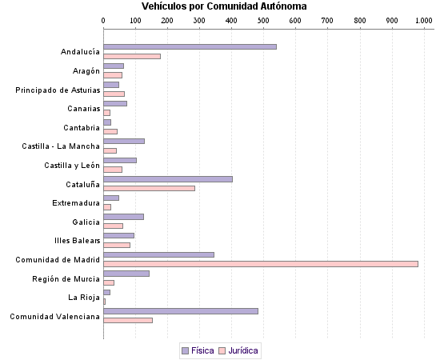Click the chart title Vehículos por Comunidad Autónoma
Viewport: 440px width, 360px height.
224,6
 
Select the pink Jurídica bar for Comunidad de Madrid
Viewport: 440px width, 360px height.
261,264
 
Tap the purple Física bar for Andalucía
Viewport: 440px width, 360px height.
190,46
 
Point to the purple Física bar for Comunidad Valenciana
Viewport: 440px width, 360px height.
181,310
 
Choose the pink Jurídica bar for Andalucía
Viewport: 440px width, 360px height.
132,56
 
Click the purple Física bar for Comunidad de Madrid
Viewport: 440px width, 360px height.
158,254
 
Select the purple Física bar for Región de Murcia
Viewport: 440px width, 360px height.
126,274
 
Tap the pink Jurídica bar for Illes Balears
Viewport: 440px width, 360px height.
117,245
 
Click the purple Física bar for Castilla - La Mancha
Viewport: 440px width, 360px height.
124,141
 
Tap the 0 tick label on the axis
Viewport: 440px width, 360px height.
104,20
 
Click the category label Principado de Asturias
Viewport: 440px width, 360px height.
58,90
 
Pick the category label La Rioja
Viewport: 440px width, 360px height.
84,297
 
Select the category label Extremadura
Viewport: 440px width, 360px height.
76,202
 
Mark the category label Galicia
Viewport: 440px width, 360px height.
86,222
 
